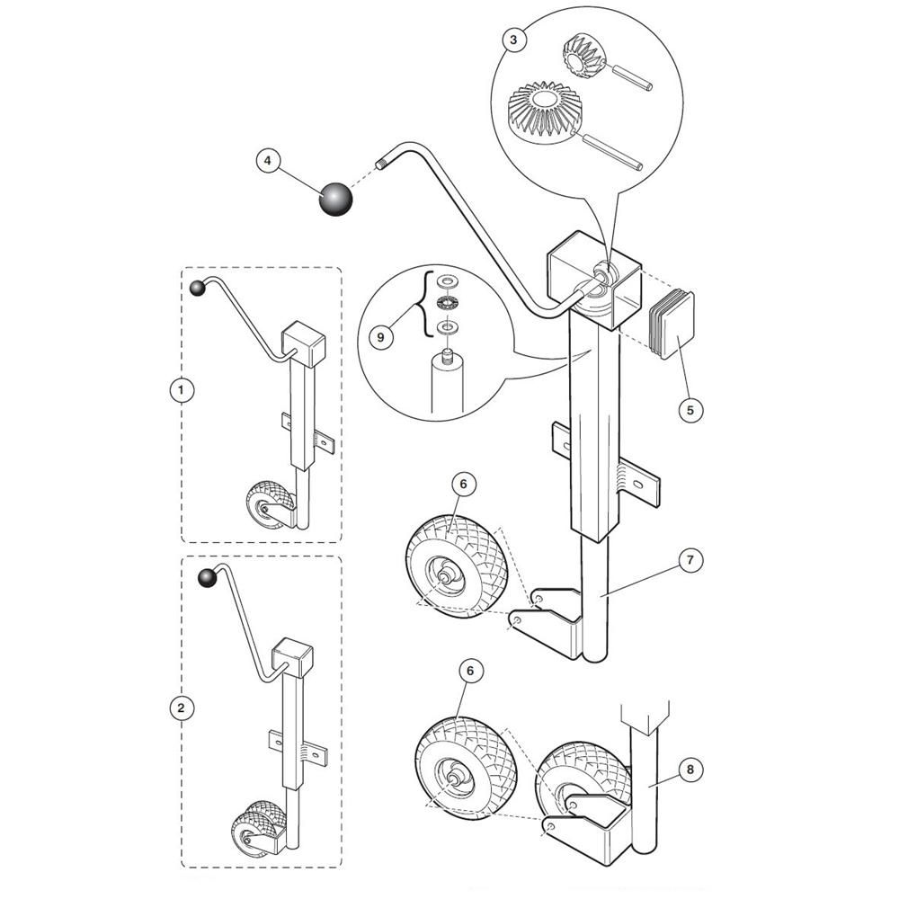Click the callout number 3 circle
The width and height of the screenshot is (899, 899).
pyautogui.click(x=513, y=40)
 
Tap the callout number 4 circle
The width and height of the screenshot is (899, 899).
pyautogui.click(x=268, y=161)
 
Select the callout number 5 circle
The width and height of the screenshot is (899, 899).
pyautogui.click(x=690, y=410)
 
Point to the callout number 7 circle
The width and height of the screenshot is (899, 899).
pyautogui.click(x=690, y=559)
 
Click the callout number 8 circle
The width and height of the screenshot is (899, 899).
pyautogui.click(x=690, y=770)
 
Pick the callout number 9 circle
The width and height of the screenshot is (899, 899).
pyautogui.click(x=380, y=336)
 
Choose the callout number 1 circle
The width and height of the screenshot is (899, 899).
pyautogui.click(x=182, y=390)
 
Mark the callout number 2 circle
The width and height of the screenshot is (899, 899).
pyautogui.click(x=182, y=708)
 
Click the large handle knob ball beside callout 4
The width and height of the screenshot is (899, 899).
pyautogui.click(x=335, y=200)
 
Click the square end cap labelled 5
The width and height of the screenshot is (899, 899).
pyautogui.click(x=672, y=325)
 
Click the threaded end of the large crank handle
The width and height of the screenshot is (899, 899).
pyautogui.click(x=382, y=165)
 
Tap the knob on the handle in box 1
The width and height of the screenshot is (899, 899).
pyautogui.click(x=198, y=288)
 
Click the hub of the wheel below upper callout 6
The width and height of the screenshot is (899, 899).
pyautogui.click(x=444, y=574)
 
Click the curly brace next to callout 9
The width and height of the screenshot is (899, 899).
pyautogui.click(x=425, y=305)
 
